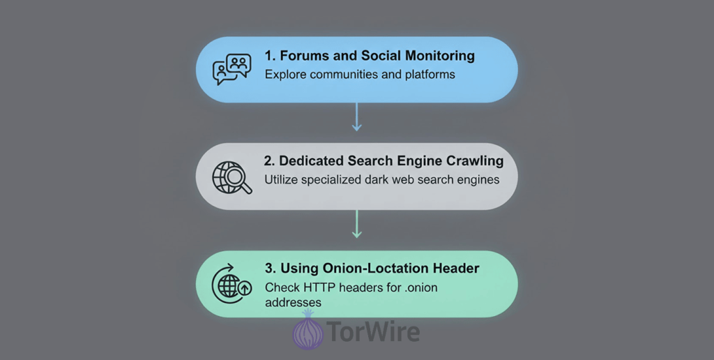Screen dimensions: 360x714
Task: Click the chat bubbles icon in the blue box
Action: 231,69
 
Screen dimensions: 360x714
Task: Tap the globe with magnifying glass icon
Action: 231,177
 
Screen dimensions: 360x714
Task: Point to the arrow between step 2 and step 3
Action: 356,225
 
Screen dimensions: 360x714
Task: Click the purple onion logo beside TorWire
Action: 307,331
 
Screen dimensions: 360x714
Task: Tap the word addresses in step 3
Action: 293,302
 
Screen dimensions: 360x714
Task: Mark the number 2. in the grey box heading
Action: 270,160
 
